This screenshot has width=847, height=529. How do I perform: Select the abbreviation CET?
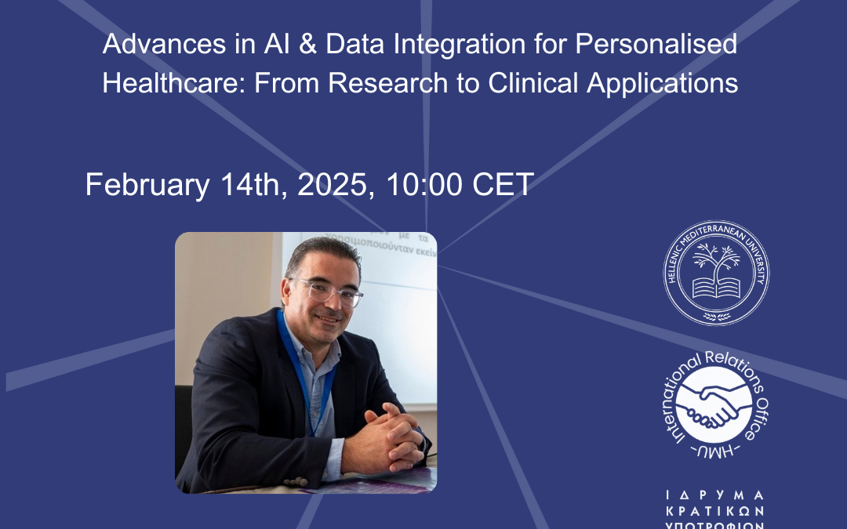[x=503, y=186]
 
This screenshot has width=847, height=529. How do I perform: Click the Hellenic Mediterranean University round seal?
[x=717, y=272]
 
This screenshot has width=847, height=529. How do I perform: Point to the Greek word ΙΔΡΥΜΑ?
[x=714, y=495]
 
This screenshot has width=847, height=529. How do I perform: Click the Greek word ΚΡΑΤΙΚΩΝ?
[x=714, y=511]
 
